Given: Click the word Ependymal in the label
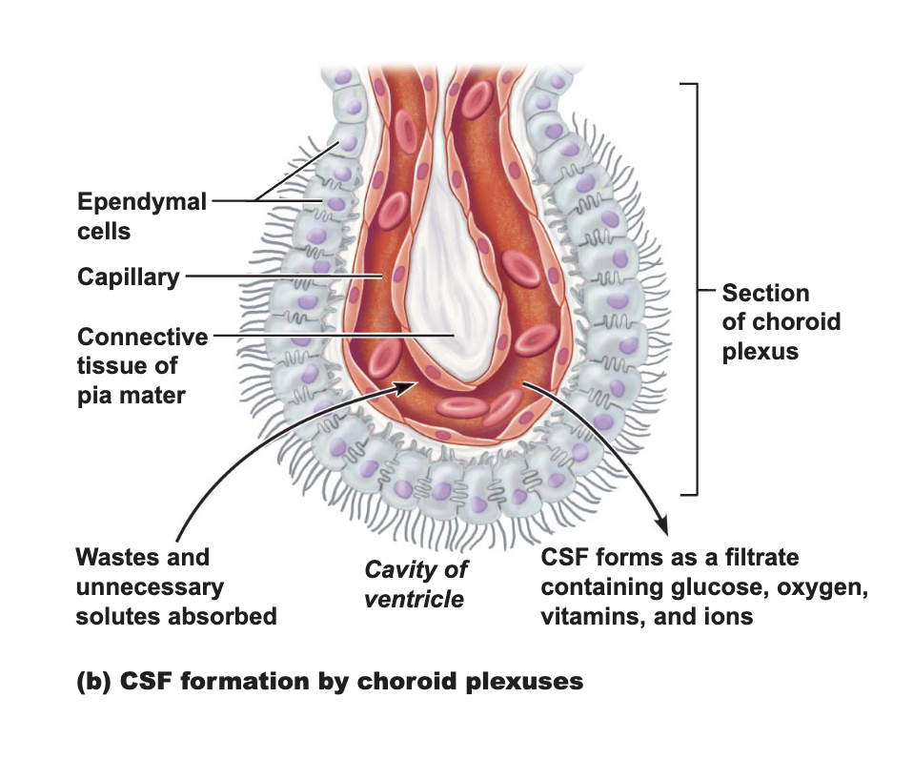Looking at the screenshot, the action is tap(142, 202).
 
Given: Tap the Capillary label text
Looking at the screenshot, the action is tap(128, 277).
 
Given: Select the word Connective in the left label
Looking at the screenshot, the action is tap(143, 337).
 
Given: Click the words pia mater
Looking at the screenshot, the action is tap(132, 396).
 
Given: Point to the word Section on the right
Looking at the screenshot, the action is tap(765, 293).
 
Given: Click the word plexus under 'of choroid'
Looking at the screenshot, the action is tap(761, 352).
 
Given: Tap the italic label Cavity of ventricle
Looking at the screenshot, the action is tap(416, 585).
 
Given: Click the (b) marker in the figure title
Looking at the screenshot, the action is tap(93, 682).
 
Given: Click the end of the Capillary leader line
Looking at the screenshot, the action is tap(382, 276).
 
